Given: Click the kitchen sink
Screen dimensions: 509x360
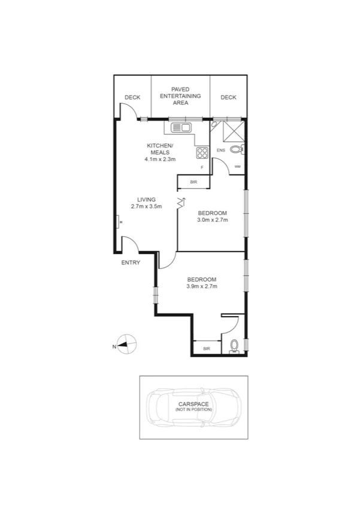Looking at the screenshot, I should click(181, 127).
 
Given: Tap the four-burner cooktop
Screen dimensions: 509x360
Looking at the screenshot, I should click(202, 152).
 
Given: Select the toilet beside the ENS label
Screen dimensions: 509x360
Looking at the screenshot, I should click(236, 149).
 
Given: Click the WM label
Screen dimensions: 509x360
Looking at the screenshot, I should click(237, 166).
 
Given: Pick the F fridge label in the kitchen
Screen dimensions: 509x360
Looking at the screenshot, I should click(202, 167).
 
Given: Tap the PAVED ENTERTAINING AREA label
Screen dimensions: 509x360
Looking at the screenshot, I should click(180, 96).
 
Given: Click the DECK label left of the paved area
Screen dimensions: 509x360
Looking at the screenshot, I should click(132, 98).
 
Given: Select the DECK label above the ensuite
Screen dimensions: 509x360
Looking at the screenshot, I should click(228, 98).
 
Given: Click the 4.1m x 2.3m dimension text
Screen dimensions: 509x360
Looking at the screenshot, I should click(160, 159).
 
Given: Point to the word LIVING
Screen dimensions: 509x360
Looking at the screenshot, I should click(146, 200).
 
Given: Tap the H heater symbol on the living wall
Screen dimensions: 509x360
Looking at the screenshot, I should click(120, 223).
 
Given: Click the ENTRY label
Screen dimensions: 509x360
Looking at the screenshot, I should click(131, 263).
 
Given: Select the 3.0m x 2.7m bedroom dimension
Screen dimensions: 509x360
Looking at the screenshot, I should click(213, 220).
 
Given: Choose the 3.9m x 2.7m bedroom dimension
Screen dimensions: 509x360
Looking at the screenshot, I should click(201, 287).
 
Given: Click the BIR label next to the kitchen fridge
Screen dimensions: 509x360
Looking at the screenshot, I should click(193, 182).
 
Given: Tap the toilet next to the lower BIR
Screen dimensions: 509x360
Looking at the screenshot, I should click(234, 346).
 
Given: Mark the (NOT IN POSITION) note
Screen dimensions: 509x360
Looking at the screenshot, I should click(193, 409).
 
